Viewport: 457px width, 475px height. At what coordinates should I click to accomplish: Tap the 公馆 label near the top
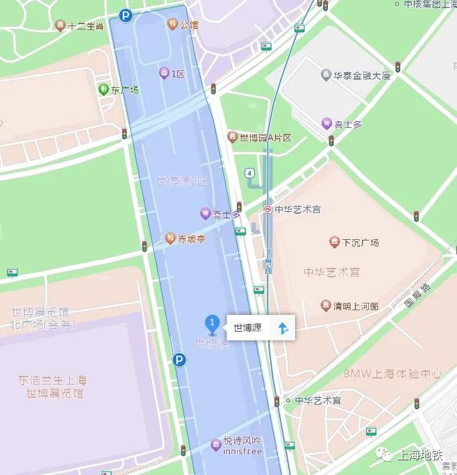189,25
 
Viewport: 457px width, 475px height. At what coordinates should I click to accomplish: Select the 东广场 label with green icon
124,90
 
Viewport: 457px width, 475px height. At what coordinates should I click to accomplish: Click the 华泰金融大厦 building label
361,76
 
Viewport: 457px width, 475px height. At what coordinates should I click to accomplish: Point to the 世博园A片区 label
266,138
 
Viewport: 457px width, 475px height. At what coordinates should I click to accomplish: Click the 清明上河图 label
356,307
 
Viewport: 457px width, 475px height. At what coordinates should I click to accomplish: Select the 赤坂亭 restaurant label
191,239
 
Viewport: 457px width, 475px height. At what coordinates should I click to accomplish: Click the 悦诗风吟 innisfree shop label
242,446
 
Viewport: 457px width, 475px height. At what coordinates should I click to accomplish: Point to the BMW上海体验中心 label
393,374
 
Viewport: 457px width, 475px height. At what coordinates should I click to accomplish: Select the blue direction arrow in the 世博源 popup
283,328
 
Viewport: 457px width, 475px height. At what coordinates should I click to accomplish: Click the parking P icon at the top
125,15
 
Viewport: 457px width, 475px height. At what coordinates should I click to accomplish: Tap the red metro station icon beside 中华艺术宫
267,209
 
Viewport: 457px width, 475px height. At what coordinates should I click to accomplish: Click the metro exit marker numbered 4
250,173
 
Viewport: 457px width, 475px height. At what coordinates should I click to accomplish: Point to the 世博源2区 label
183,181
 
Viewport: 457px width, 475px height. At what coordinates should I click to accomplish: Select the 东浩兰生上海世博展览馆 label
52,387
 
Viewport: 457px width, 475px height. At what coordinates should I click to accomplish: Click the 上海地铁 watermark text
420,456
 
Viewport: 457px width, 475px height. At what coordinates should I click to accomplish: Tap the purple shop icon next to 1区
164,74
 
